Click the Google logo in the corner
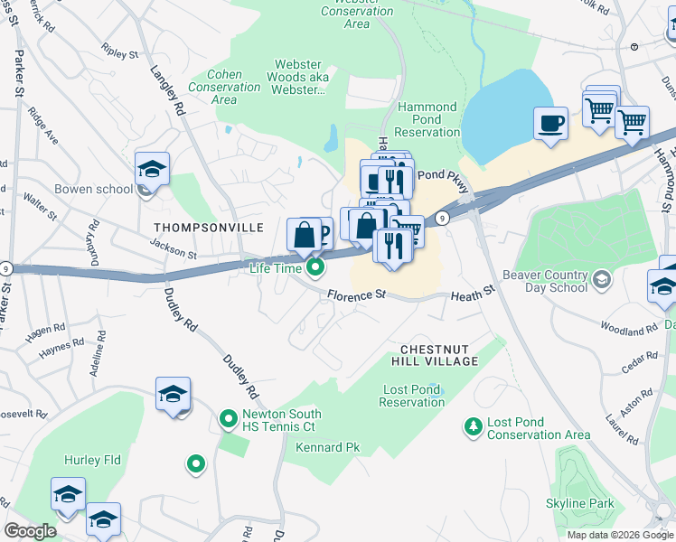point(30,531)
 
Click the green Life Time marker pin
point(315,266)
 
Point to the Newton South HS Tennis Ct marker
point(229,420)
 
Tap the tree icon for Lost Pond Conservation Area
point(471,425)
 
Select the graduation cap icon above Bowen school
point(152,169)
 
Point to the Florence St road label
point(356,295)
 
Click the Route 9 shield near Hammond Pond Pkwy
point(441,218)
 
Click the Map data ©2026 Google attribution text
point(619,535)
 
